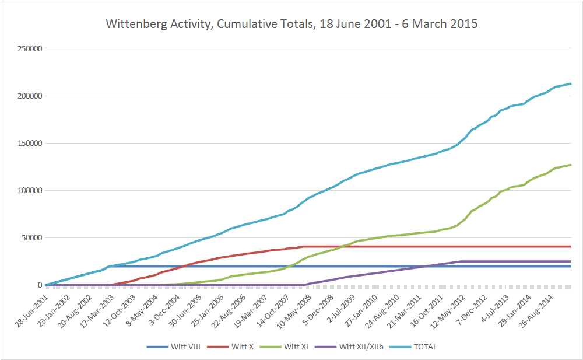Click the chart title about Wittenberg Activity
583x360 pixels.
coord(291,25)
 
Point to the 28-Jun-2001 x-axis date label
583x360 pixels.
coord(32,306)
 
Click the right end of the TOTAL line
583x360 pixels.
coord(571,83)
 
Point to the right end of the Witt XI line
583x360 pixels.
coord(571,165)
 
